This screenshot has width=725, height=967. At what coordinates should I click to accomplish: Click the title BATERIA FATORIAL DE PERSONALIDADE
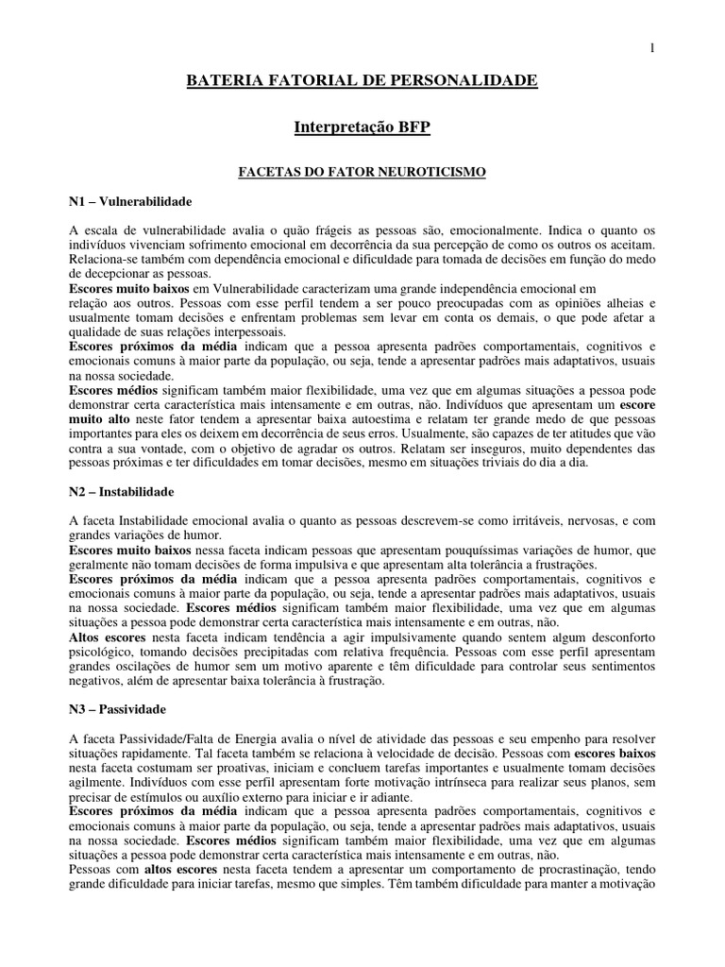[x=362, y=82]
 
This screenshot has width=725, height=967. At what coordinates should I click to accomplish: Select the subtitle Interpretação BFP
[x=362, y=126]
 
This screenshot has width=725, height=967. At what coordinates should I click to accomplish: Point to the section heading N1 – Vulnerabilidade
[x=131, y=201]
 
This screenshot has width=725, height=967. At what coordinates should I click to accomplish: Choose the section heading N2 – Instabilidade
[x=122, y=492]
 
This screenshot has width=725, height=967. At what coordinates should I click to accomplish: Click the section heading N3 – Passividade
[x=117, y=707]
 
